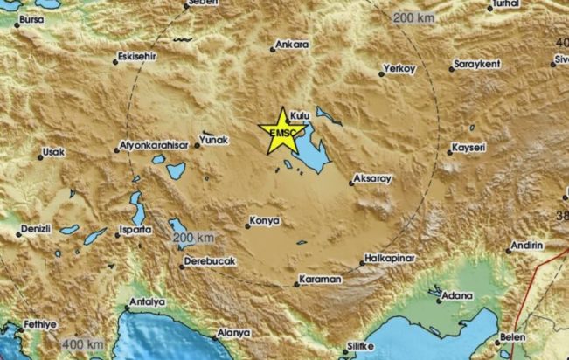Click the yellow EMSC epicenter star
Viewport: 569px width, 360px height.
click(283, 131)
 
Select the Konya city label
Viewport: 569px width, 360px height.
click(265, 221)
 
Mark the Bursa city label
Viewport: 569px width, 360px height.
click(30, 18)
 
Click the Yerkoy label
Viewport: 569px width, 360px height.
click(400, 69)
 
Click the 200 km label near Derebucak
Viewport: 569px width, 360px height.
click(193, 238)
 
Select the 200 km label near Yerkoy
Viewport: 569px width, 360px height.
click(413, 18)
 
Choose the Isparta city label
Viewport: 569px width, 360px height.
click(136, 230)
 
